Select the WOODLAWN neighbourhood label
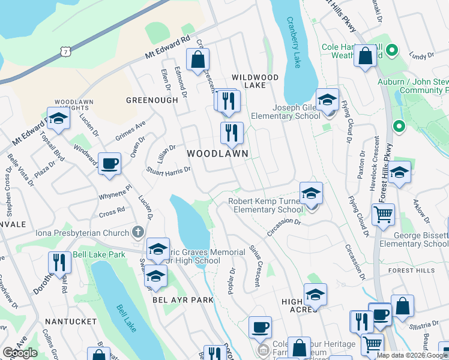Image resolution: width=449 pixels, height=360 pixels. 217,154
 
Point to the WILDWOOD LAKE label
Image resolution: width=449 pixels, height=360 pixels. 256,82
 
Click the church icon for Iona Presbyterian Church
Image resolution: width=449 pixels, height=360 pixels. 139,232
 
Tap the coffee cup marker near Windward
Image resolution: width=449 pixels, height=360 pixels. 109,163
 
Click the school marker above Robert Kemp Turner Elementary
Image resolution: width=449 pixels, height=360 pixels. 311,194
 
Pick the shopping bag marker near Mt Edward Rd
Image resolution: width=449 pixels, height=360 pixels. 197,60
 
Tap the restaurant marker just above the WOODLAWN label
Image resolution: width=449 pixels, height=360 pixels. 232,133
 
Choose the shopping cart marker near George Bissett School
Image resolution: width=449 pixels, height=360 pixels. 383,214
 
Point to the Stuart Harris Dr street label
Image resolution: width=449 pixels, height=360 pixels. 169,170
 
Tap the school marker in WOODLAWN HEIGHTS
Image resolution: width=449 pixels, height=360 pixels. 58,119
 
